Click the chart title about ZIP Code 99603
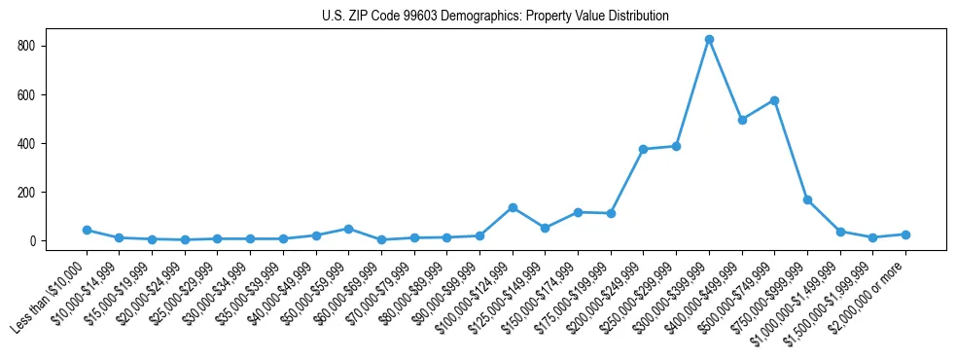click(495, 17)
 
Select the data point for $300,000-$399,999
click(709, 40)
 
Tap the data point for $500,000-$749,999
click(774, 100)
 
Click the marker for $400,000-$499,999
click(742, 120)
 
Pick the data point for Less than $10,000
click(87, 230)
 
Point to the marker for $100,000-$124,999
click(513, 207)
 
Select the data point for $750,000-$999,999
click(807, 199)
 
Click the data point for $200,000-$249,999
click(643, 149)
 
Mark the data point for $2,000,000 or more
click(905, 234)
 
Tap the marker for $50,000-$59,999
click(348, 229)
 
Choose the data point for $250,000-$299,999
click(676, 146)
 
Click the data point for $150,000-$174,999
click(578, 212)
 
